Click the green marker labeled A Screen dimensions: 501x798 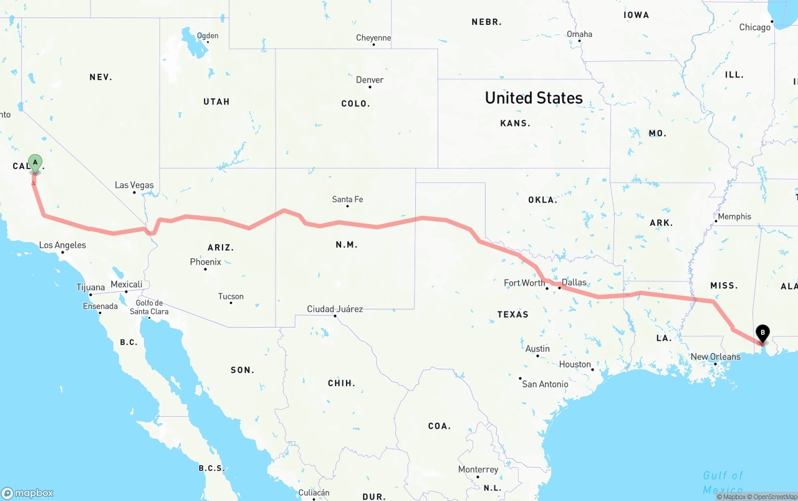pos(35,163)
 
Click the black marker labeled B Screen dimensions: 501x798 pos(762,333)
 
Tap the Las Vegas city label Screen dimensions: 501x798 pos(134,185)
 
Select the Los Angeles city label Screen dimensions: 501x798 pos(62,245)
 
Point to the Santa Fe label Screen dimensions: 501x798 pos(347,200)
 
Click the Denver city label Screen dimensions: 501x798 pos(370,80)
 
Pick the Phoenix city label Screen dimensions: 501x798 pos(206,262)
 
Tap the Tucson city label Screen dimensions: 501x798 pos(231,296)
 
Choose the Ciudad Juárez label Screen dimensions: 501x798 pos(335,309)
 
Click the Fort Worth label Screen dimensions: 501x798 pos(524,283)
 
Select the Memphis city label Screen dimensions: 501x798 pos(734,216)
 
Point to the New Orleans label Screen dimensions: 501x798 pos(715,357)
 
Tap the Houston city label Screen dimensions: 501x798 pos(575,364)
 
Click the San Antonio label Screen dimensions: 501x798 pos(545,384)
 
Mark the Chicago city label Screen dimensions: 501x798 pos(754,27)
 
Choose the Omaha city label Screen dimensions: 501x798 pos(579,34)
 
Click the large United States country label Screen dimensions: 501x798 pos(534,98)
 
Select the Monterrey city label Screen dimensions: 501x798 pos(478,470)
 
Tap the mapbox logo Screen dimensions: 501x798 pos(27,493)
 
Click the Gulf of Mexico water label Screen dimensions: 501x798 pos(723,482)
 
